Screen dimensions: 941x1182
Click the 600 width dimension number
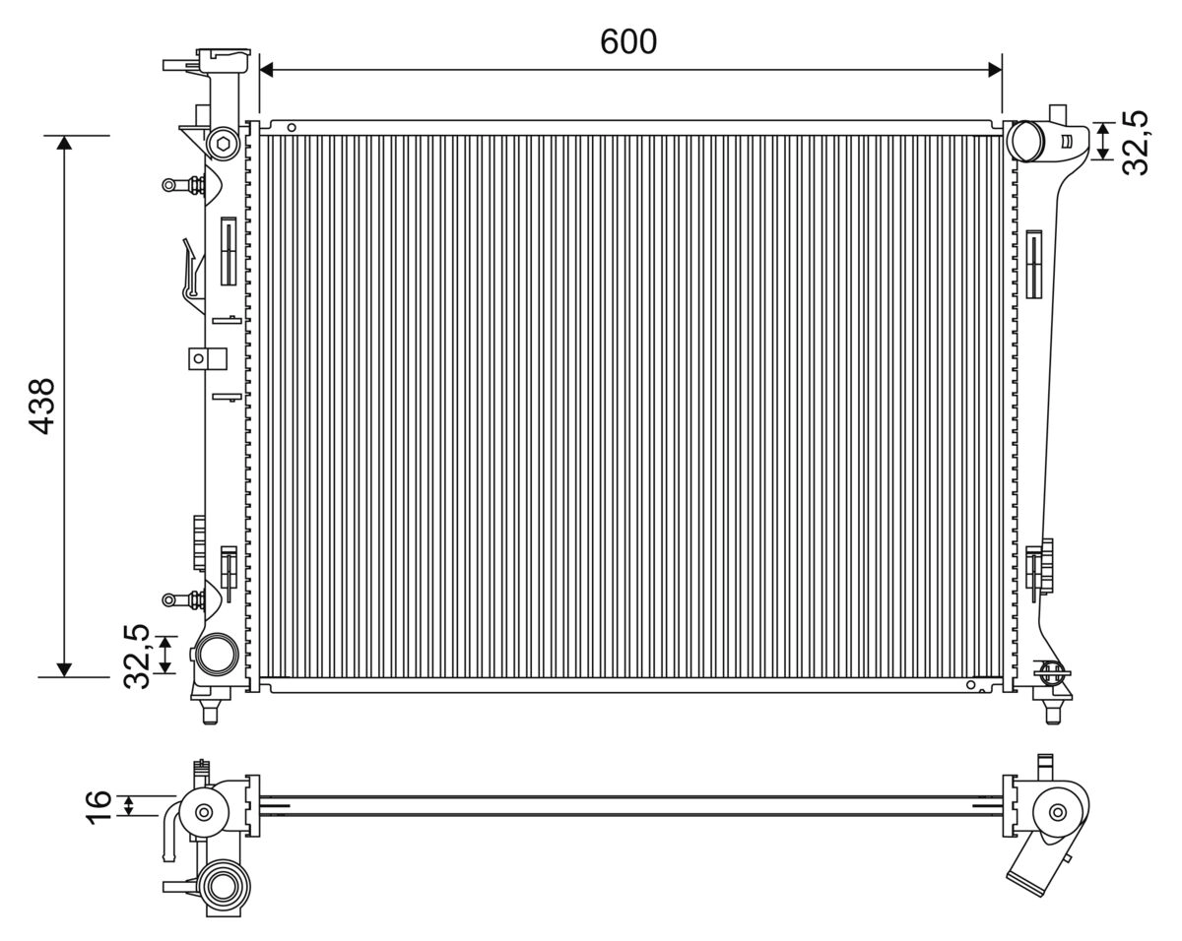[628, 41]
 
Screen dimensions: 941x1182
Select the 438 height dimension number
[41, 407]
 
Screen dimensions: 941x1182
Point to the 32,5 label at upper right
[1136, 143]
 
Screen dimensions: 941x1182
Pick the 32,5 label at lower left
[135, 656]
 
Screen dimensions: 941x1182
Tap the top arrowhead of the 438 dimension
[65, 143]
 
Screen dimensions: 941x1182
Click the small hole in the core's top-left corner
[291, 127]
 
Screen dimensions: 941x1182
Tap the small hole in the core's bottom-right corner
[971, 685]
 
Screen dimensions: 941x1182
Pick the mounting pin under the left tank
[210, 711]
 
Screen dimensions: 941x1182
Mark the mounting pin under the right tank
[1053, 711]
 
